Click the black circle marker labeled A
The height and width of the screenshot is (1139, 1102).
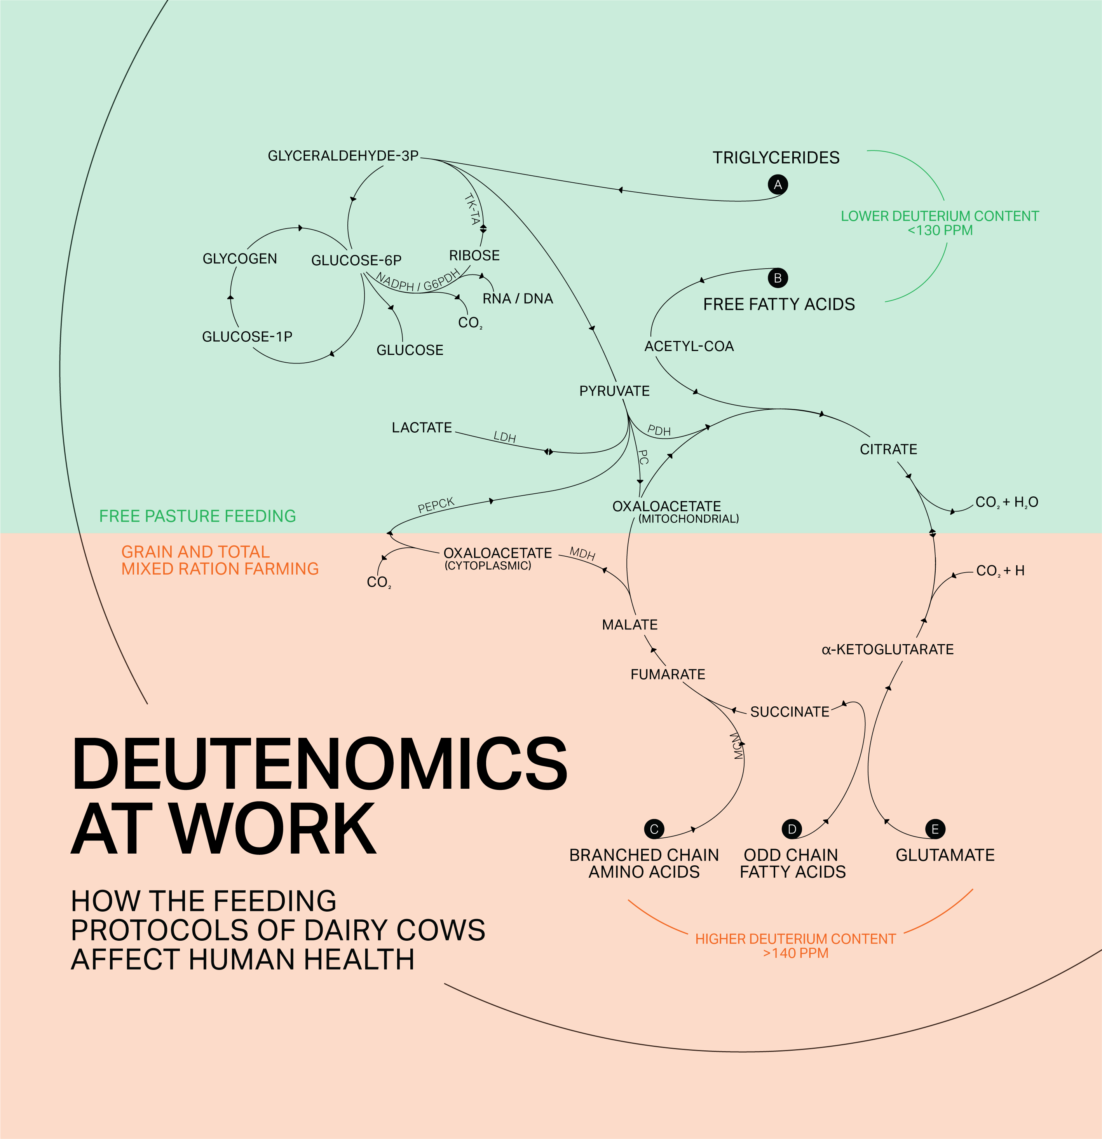click(x=778, y=185)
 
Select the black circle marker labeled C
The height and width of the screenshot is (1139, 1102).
click(x=654, y=829)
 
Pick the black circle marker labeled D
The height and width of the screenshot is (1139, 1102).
click(x=792, y=829)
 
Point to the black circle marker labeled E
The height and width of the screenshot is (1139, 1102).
click(x=935, y=829)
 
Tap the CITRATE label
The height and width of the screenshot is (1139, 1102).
click(x=888, y=449)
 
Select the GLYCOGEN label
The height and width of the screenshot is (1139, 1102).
click(x=239, y=259)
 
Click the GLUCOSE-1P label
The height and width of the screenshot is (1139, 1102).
click(x=247, y=337)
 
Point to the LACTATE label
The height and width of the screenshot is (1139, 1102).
click(x=422, y=428)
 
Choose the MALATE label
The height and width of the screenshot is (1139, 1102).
click(x=630, y=625)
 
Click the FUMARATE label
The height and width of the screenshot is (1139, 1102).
click(x=668, y=674)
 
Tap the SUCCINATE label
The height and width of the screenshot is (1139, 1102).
click(x=790, y=712)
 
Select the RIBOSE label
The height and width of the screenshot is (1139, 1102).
click(x=474, y=256)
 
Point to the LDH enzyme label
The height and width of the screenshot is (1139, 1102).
click(x=504, y=437)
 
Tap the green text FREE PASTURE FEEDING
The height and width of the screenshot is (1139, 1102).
click(x=197, y=516)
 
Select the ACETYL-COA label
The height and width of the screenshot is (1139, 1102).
click(x=689, y=346)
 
